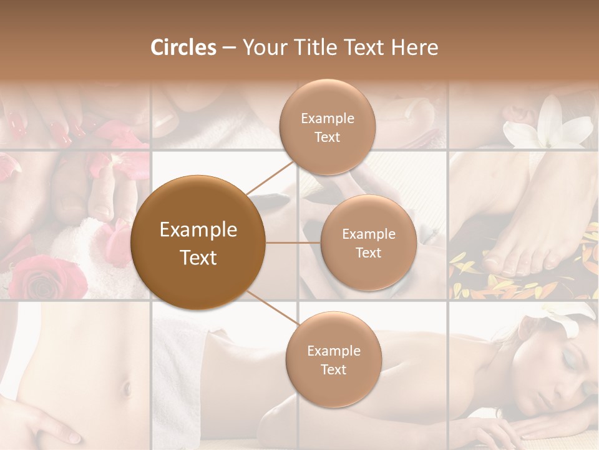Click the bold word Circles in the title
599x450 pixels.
[x=183, y=47]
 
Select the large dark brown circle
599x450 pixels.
[x=198, y=242]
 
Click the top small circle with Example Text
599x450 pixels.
[x=328, y=127]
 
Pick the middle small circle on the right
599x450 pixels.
[x=368, y=242]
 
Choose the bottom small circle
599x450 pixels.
[x=333, y=359]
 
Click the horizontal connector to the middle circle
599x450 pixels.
[x=293, y=242]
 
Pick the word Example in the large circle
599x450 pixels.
[x=198, y=230]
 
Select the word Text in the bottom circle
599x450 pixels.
[x=333, y=369]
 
